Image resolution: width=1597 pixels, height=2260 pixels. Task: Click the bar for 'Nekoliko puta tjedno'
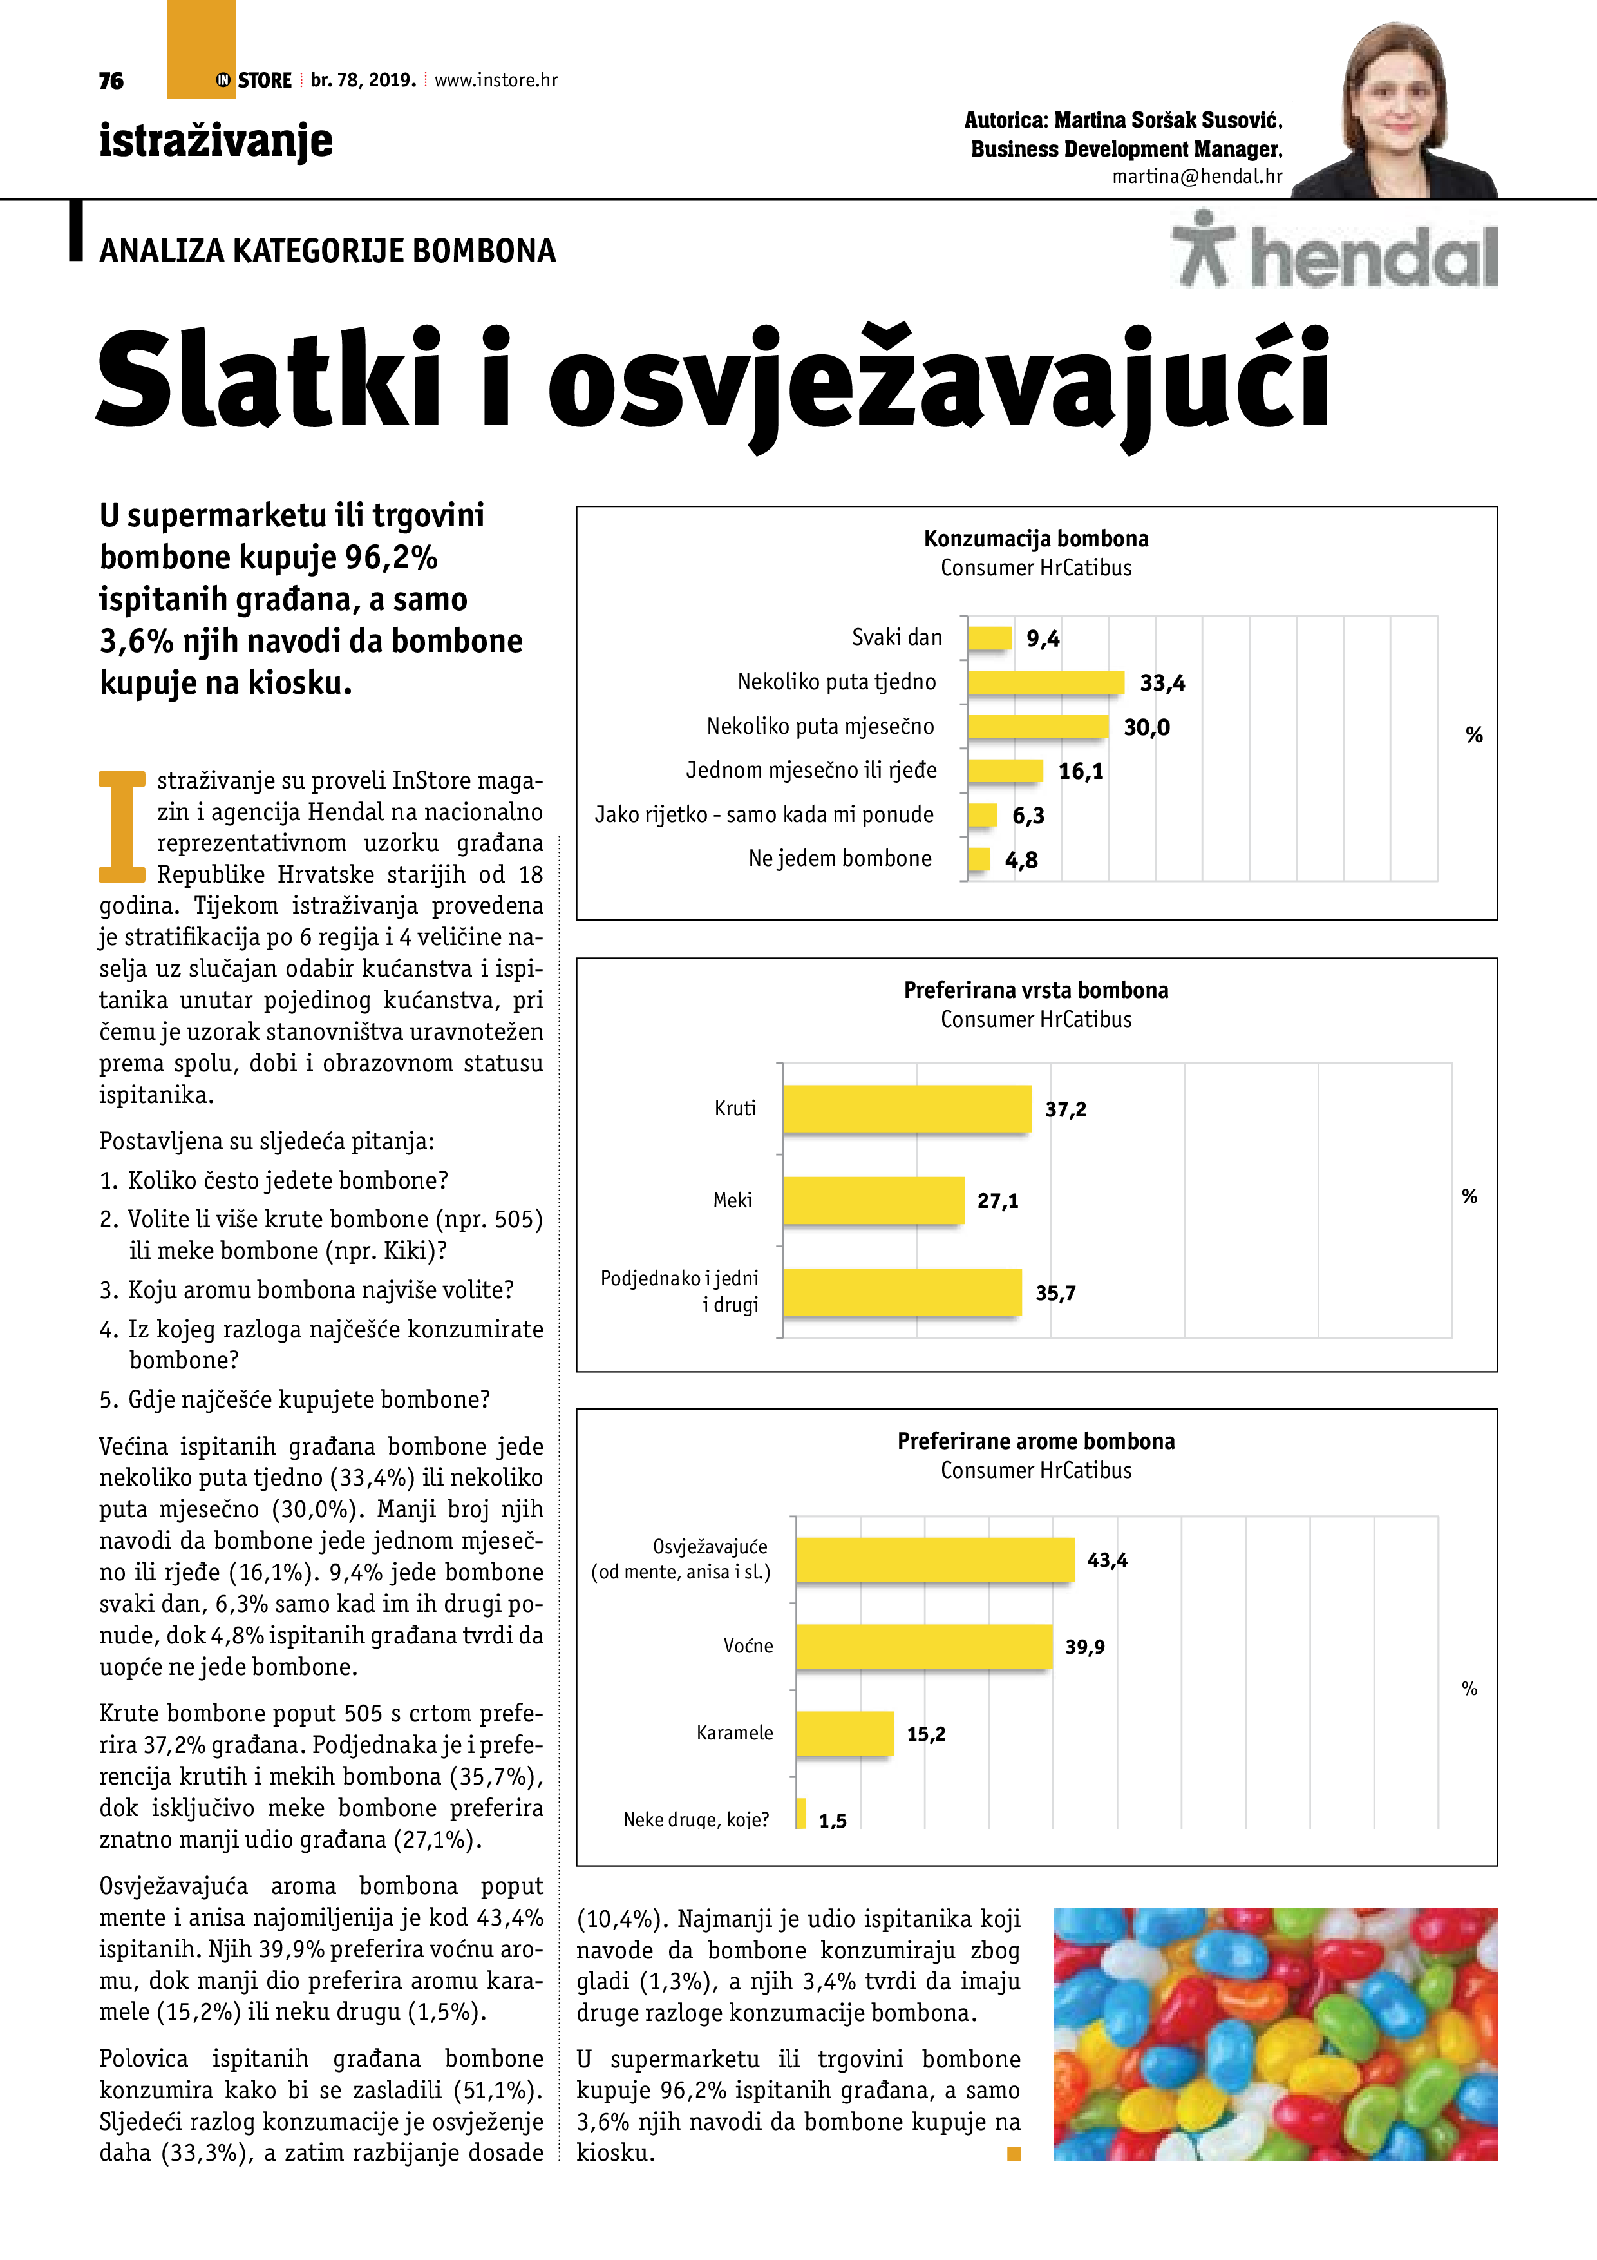click(1045, 682)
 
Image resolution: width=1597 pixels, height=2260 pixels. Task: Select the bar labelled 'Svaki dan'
click(989, 638)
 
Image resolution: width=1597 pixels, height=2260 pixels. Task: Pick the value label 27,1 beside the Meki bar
click(997, 1201)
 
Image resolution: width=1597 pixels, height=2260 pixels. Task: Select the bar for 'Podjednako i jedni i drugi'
click(902, 1292)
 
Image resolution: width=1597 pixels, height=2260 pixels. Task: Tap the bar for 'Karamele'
click(844, 1734)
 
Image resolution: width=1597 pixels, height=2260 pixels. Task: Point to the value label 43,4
click(1107, 1560)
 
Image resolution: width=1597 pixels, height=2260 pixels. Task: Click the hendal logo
click(1336, 252)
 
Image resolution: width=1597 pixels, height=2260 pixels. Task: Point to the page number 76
click(111, 81)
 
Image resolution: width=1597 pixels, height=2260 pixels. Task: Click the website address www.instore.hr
click(496, 81)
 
